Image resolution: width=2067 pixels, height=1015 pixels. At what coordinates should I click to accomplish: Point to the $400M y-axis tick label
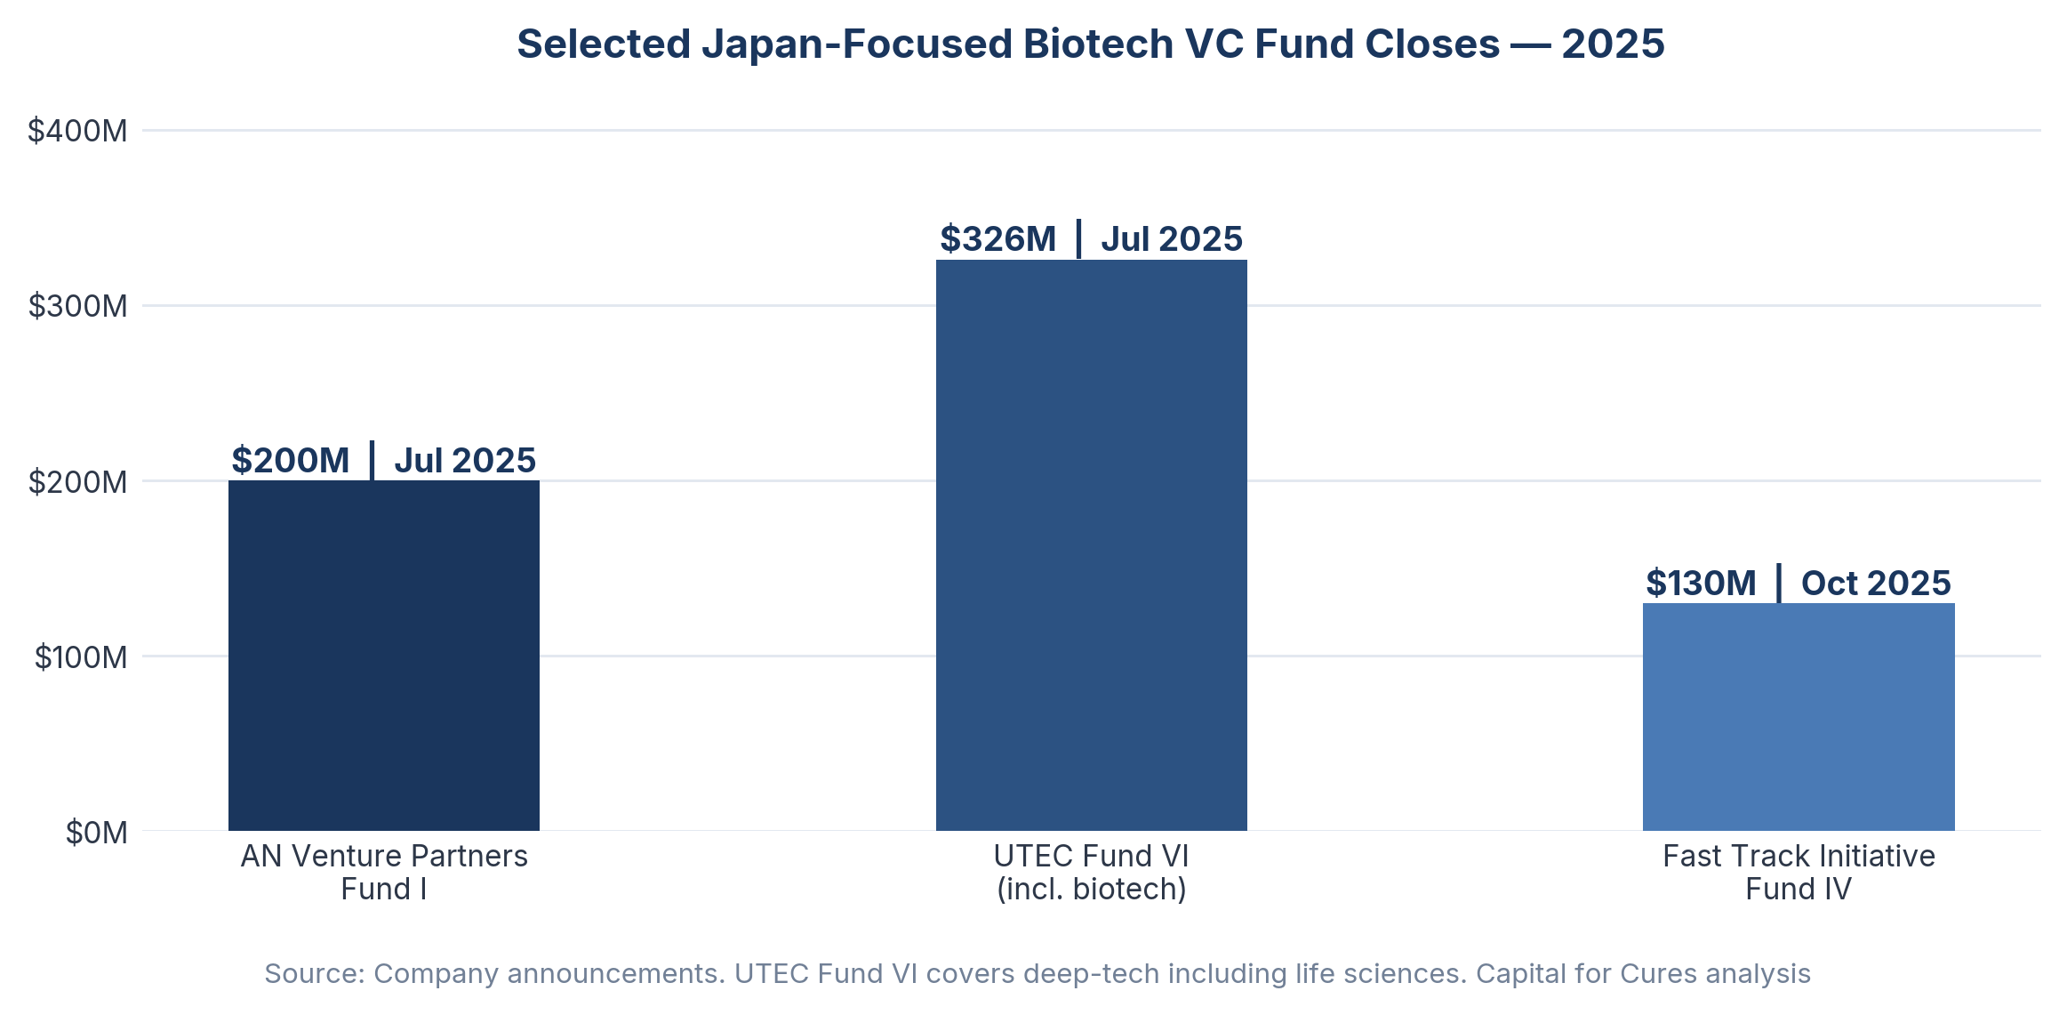pyautogui.click(x=77, y=131)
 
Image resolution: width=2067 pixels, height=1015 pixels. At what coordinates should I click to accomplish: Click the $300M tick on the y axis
pyautogui.click(x=77, y=306)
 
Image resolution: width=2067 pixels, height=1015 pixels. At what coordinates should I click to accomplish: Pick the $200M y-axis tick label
pyautogui.click(x=77, y=481)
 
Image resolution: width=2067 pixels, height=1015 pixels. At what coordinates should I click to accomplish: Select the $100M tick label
pyautogui.click(x=81, y=657)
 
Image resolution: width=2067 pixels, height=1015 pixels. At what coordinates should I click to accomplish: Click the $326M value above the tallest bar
pyautogui.click(x=997, y=239)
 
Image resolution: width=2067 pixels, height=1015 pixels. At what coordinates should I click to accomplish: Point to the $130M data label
pyautogui.click(x=1700, y=584)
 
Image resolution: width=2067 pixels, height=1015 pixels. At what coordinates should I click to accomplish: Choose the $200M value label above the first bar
pyautogui.click(x=290, y=461)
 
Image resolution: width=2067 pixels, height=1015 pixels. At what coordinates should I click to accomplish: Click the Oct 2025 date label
pyautogui.click(x=1875, y=584)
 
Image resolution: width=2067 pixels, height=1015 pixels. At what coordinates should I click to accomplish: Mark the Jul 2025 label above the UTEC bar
pyautogui.click(x=1171, y=239)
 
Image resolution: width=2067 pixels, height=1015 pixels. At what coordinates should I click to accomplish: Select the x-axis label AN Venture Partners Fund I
pyautogui.click(x=384, y=872)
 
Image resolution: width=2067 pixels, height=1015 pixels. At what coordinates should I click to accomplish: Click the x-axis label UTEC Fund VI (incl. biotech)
pyautogui.click(x=1091, y=872)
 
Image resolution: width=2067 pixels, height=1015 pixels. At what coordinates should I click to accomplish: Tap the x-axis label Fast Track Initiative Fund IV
pyautogui.click(x=1798, y=872)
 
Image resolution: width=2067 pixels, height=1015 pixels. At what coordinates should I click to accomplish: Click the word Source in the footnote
pyautogui.click(x=310, y=973)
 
